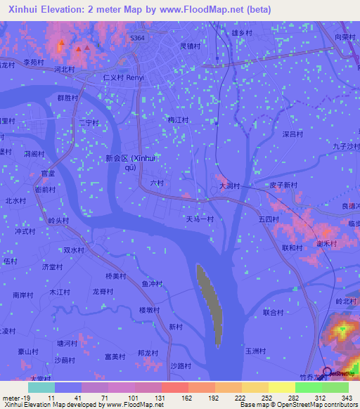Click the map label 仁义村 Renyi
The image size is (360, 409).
pos(123,77)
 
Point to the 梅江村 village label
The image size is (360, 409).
pos(179,120)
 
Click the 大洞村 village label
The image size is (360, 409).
pos(229,186)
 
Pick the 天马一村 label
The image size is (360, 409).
pos(200,219)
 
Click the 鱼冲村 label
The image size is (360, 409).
pos(152,284)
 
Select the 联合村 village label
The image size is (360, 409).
pos(273,313)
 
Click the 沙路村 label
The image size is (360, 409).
pos(181,366)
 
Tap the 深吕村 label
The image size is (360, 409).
pos(292,134)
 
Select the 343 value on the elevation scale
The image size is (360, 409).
pos(347,398)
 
